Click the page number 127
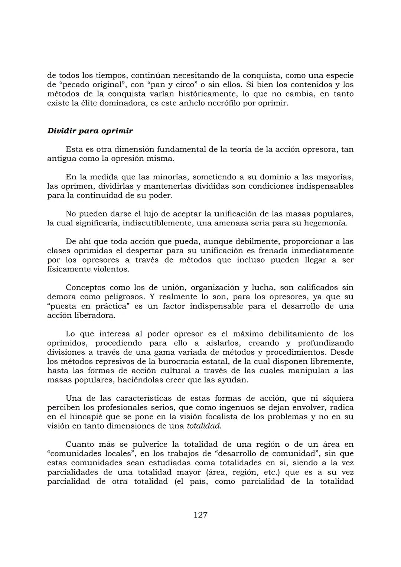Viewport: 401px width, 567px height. [200, 515]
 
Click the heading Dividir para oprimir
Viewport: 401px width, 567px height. [90, 131]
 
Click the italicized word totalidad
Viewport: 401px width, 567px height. [204, 426]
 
